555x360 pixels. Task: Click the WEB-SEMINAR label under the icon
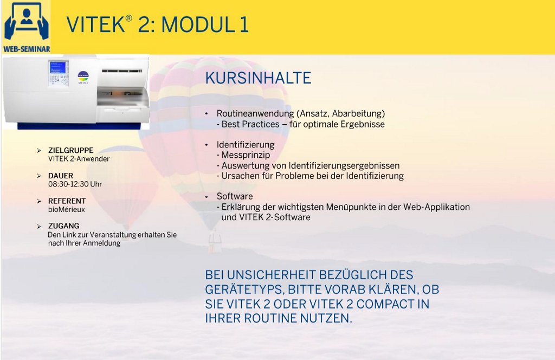pyautogui.click(x=27, y=49)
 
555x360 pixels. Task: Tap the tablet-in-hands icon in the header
pyautogui.click(x=27, y=21)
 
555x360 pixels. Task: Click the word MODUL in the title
pyautogui.click(x=198, y=25)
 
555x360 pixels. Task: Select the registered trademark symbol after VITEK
pyautogui.click(x=129, y=18)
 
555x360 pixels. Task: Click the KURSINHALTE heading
pyautogui.click(x=258, y=78)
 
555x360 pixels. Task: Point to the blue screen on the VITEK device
pyautogui.click(x=57, y=68)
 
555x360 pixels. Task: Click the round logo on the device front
pyautogui.click(x=83, y=76)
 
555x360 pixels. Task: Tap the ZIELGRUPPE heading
pyautogui.click(x=71, y=150)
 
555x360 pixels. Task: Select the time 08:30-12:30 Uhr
pyautogui.click(x=75, y=184)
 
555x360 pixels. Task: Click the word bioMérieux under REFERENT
pyautogui.click(x=67, y=210)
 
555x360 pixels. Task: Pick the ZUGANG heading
pyautogui.click(x=64, y=226)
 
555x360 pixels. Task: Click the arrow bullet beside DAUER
pyautogui.click(x=39, y=176)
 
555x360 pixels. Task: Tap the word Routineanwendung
pyautogui.click(x=255, y=114)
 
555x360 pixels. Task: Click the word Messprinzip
pyautogui.click(x=246, y=155)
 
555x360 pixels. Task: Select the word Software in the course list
pyautogui.click(x=235, y=196)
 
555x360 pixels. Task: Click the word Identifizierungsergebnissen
pyautogui.click(x=344, y=166)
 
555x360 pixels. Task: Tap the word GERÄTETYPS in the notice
pyautogui.click(x=244, y=290)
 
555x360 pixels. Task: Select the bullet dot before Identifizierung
pyautogui.click(x=206, y=145)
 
